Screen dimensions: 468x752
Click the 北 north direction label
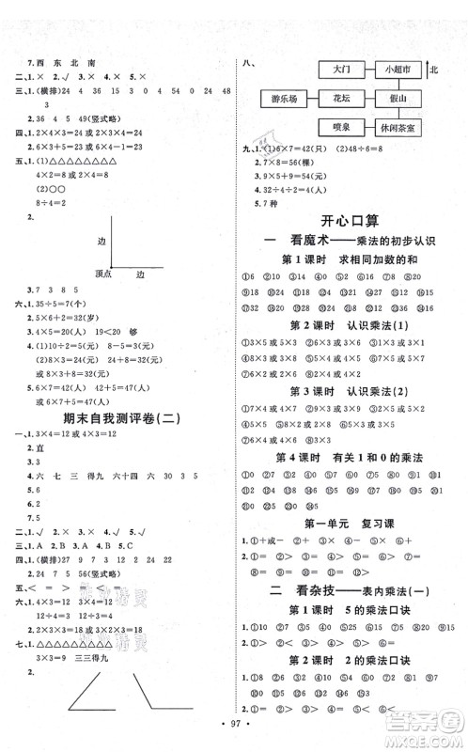pyautogui.click(x=434, y=70)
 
